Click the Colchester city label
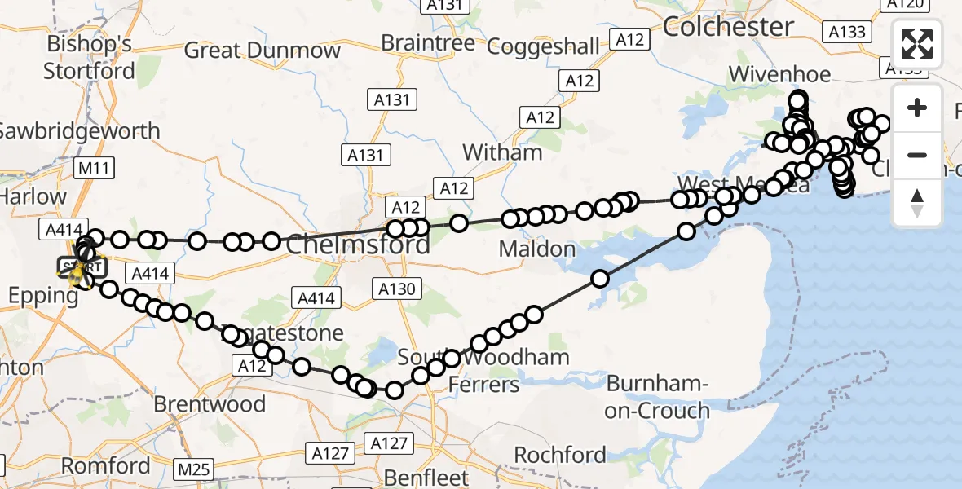click(728, 26)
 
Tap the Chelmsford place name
click(358, 244)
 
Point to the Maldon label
click(536, 249)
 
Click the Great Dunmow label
click(262, 51)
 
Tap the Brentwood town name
click(210, 404)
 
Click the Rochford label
click(559, 454)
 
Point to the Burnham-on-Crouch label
click(657, 397)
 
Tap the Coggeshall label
click(542, 46)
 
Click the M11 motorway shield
click(94, 169)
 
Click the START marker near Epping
click(82, 267)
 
